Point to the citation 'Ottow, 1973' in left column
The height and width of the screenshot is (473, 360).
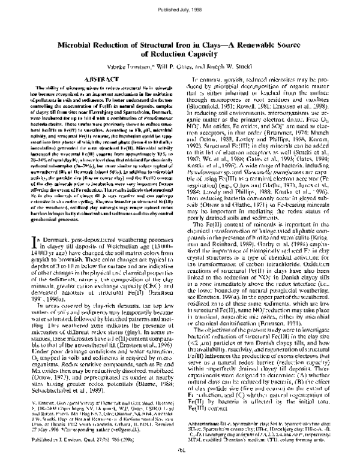37,396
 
